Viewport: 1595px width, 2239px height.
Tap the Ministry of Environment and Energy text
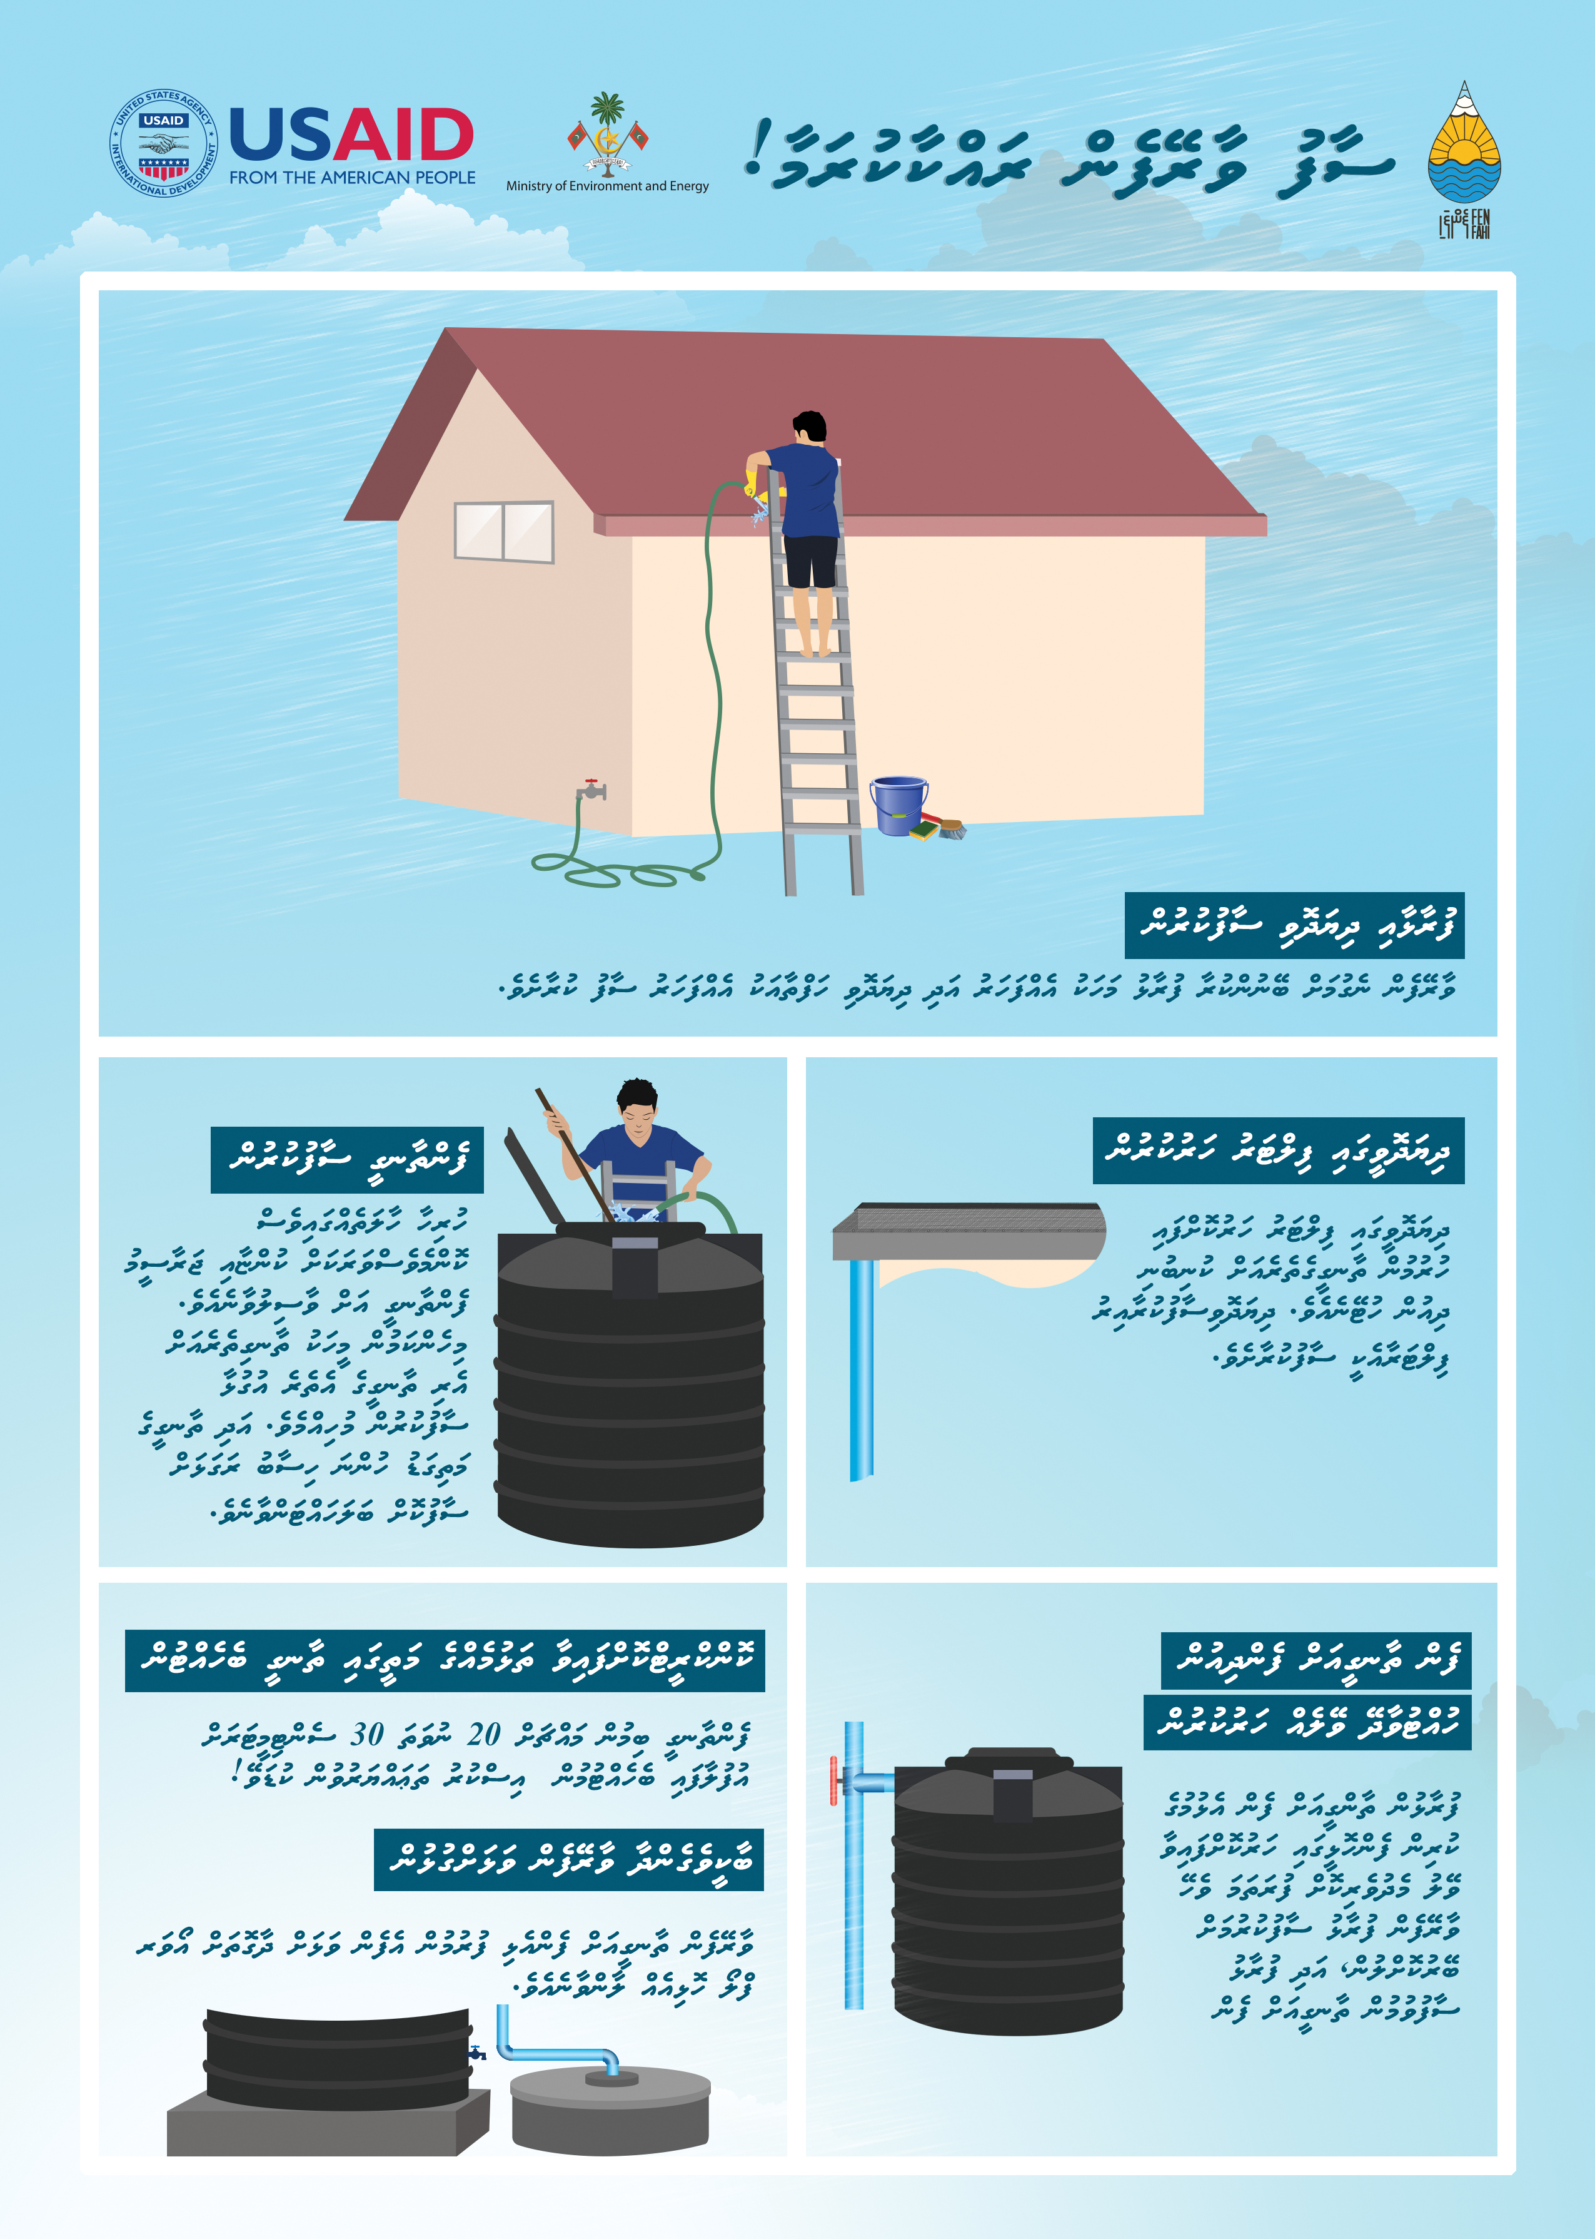pyautogui.click(x=607, y=186)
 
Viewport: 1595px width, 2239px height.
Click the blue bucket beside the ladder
pyautogui.click(x=898, y=806)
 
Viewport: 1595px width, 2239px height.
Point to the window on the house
pyautogui.click(x=504, y=532)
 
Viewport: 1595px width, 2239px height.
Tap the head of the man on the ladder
pyautogui.click(x=810, y=427)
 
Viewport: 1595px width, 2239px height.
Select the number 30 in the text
pyautogui.click(x=367, y=1734)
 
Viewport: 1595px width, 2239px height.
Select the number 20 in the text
pyautogui.click(x=483, y=1734)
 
